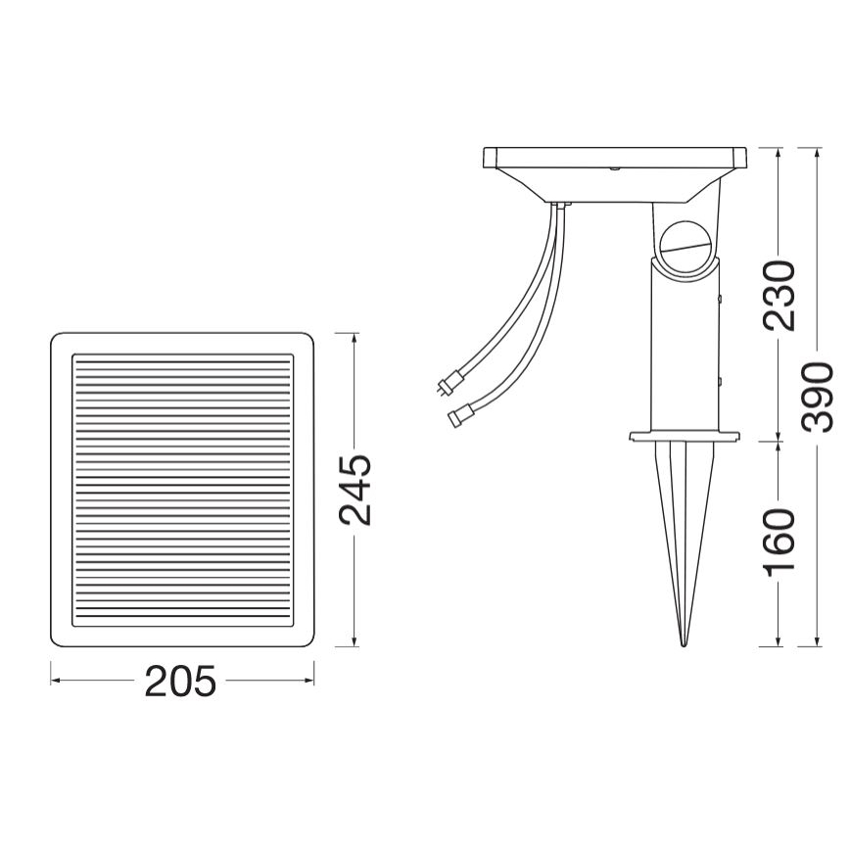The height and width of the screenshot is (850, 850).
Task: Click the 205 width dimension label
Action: click(180, 681)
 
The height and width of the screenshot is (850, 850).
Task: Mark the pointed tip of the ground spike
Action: click(683, 642)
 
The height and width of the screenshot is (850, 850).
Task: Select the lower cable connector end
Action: click(456, 419)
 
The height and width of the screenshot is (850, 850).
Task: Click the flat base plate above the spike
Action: click(683, 436)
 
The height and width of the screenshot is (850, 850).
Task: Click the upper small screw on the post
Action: click(721, 299)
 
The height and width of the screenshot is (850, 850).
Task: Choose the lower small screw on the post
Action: click(721, 377)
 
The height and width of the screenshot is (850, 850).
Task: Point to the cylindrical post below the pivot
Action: click(683, 343)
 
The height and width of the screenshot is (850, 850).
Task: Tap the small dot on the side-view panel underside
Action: click(614, 168)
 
